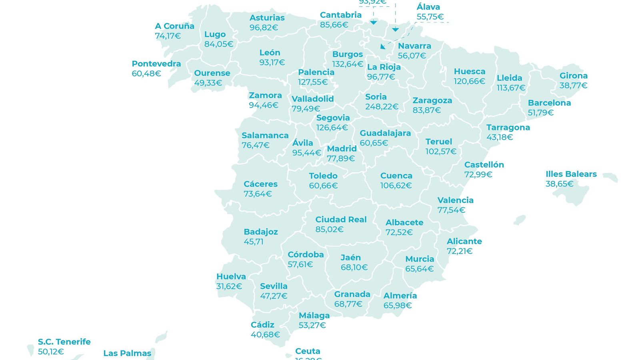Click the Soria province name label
coord(376,97)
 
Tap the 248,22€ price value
coord(382,107)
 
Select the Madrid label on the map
coord(342,149)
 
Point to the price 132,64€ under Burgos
coord(347,64)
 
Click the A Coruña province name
coord(174,26)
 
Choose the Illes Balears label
coord(571,174)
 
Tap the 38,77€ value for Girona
coord(573,86)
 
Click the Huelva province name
coord(231,277)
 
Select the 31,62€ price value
coord(229,286)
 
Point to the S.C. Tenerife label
coord(64,342)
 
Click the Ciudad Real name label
coord(341,220)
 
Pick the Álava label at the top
coord(428,7)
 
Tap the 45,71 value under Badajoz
coord(254,242)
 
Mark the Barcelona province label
coord(549,103)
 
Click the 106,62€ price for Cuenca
coord(396,186)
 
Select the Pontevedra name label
coord(156,64)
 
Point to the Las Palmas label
coord(127,354)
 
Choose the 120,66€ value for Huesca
coord(469,82)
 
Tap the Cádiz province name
coord(262,325)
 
